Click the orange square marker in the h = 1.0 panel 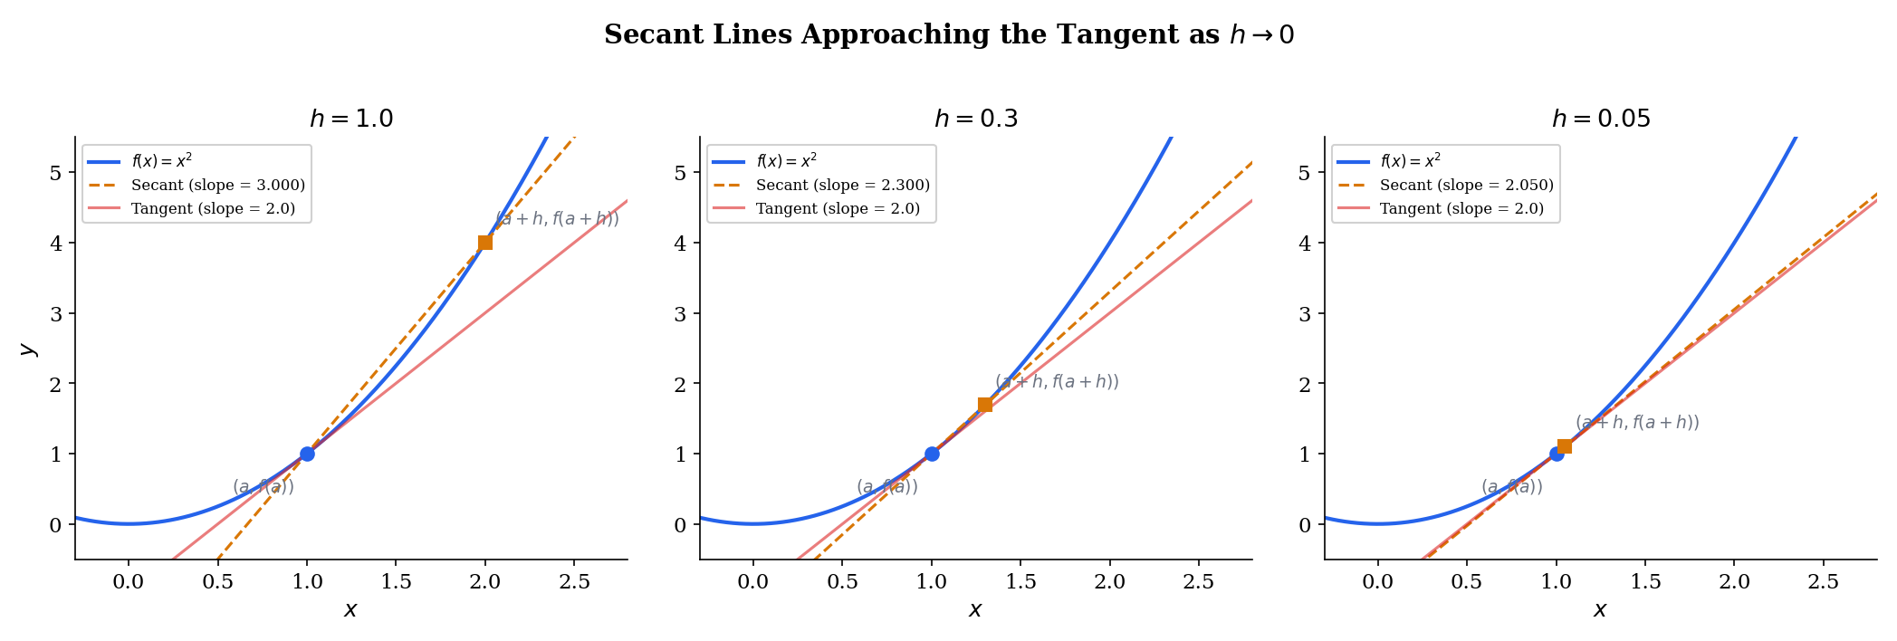click(x=485, y=243)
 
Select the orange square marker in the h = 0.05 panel click(x=1564, y=446)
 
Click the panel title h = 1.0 click(x=351, y=120)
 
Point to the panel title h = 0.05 click(x=1600, y=120)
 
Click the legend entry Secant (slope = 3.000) click(x=217, y=185)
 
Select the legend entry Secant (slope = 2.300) click(x=842, y=185)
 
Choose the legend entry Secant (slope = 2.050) click(x=1466, y=185)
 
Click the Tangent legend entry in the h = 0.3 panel click(x=838, y=208)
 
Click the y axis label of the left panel click(x=27, y=349)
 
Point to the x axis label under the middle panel click(x=975, y=610)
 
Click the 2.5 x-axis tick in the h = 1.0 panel click(x=574, y=581)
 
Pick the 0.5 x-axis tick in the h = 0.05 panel click(x=1467, y=581)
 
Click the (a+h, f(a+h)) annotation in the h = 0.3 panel click(x=1057, y=382)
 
